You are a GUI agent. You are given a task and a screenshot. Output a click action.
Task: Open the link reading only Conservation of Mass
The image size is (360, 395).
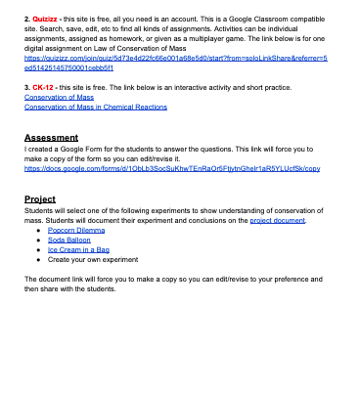58,96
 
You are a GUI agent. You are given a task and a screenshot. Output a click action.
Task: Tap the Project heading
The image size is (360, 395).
41,198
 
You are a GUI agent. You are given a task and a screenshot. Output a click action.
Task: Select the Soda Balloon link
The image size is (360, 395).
68,241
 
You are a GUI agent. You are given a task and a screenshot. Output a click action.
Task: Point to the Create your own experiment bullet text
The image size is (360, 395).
93,260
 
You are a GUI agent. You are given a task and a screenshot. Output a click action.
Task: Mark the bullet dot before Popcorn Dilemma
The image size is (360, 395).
38,232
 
